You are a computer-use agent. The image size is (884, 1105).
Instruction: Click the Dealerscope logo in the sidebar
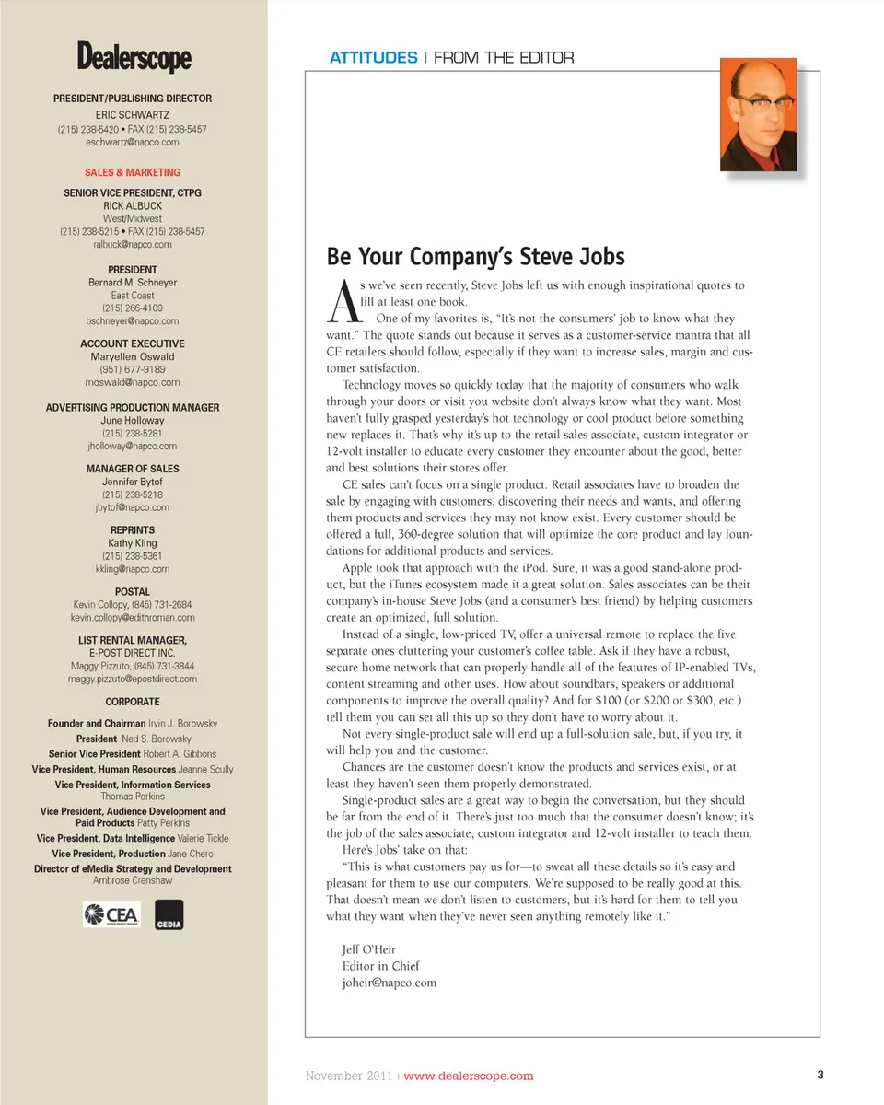pyautogui.click(x=134, y=58)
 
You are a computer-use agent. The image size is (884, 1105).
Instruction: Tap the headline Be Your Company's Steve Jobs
pyautogui.click(x=475, y=256)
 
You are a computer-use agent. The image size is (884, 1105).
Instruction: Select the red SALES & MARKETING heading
pyautogui.click(x=133, y=172)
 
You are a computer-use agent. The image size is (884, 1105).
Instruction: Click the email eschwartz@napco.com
pyautogui.click(x=133, y=143)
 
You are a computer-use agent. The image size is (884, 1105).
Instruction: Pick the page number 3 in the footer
pyautogui.click(x=819, y=1075)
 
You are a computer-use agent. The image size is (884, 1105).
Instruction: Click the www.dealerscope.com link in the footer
pyautogui.click(x=469, y=1076)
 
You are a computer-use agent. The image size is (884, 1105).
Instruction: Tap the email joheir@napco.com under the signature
pyautogui.click(x=389, y=982)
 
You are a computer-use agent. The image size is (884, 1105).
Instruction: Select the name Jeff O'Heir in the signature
pyautogui.click(x=370, y=948)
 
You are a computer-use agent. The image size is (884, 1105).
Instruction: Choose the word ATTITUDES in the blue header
pyautogui.click(x=373, y=58)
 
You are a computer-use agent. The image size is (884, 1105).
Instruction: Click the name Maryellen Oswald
pyautogui.click(x=133, y=356)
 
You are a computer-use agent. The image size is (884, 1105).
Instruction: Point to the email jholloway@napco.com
pyautogui.click(x=133, y=446)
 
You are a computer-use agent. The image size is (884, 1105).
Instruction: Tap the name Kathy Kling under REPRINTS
pyautogui.click(x=133, y=543)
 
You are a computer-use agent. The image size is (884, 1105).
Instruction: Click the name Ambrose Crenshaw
pyautogui.click(x=133, y=880)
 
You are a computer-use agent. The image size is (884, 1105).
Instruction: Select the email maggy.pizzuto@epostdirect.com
pyautogui.click(x=133, y=679)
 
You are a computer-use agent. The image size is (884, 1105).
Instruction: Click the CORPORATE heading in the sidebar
pyautogui.click(x=133, y=701)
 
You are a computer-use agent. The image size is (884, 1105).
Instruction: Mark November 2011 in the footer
pyautogui.click(x=349, y=1076)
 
